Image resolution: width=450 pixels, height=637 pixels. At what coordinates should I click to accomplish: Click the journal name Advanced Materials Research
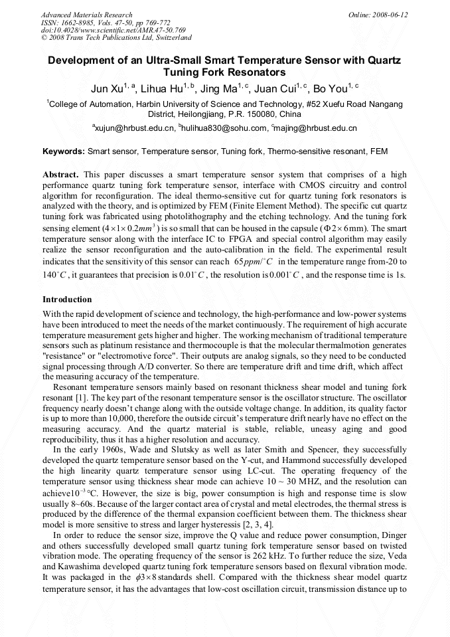pos(86,14)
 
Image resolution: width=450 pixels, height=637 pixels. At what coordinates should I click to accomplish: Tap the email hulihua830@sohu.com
pos(223,128)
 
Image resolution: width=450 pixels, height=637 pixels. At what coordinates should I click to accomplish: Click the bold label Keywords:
pos(64,152)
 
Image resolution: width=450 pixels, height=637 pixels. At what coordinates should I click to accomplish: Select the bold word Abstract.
pos(60,175)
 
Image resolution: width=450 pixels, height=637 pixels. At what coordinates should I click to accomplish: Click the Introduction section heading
pos(67,300)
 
